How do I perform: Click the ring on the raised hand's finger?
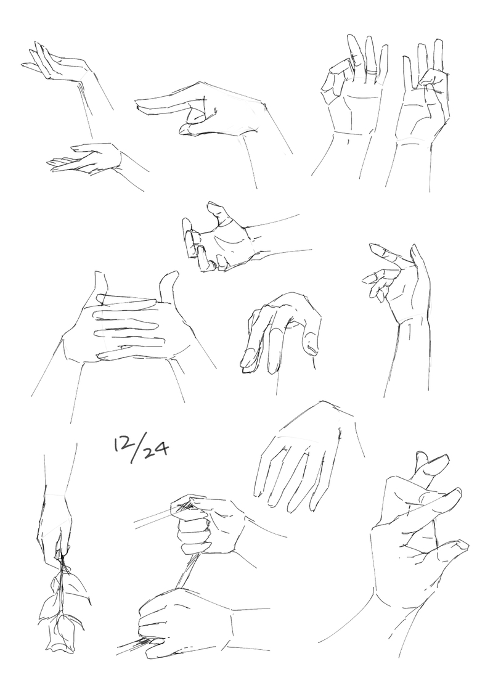point(371,71)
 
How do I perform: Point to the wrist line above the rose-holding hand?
point(55,494)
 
